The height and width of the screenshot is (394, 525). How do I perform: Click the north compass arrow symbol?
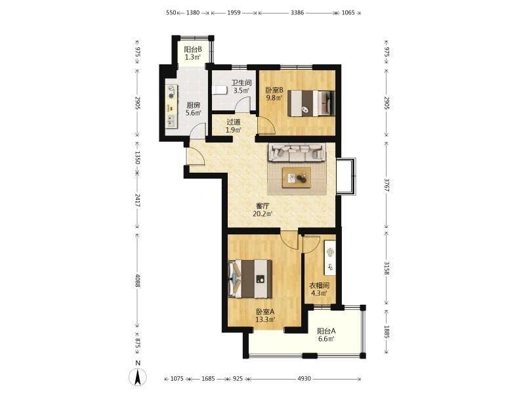tap(138, 377)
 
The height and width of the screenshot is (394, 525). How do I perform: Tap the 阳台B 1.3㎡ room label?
tap(193, 53)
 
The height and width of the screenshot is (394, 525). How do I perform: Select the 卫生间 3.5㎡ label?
tap(241, 87)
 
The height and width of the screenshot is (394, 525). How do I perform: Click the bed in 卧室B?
tap(311, 103)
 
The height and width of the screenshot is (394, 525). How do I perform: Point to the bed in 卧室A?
tap(250, 279)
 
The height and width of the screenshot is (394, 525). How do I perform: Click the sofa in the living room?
tap(297, 152)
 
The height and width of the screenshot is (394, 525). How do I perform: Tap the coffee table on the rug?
tap(297, 178)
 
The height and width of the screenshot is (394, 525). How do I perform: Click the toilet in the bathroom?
tap(219, 90)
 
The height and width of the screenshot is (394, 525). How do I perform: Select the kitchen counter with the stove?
tap(171, 106)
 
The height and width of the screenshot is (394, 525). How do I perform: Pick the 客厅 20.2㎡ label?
tap(262, 209)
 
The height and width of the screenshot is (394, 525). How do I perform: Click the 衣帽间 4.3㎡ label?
tap(319, 289)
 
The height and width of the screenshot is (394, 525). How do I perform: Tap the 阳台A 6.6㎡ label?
tap(326, 335)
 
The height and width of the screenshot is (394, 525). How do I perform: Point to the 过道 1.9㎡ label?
tap(234, 126)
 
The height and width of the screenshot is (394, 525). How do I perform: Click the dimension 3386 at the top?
tap(297, 12)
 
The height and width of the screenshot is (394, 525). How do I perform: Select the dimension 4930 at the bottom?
tap(304, 379)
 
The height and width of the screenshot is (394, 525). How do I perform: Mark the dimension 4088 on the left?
tap(137, 280)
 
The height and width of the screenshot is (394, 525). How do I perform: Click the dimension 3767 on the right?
tap(387, 185)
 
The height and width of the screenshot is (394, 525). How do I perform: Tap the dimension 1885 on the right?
tap(387, 332)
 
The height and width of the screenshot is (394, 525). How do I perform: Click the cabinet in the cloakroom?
tap(330, 257)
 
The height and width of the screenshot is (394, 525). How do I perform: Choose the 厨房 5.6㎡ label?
tap(194, 109)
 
